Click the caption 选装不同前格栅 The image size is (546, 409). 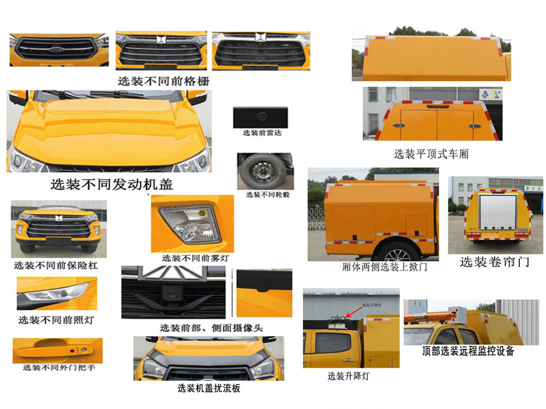[x=163, y=81]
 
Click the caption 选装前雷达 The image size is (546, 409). [x=262, y=133]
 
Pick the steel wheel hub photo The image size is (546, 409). [x=262, y=171]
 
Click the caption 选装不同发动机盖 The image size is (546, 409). [x=111, y=184]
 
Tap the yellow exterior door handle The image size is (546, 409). [x=56, y=350]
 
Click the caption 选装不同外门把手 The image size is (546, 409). [x=59, y=367]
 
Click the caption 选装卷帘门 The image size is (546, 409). [x=494, y=262]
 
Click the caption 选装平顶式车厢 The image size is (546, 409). [x=431, y=154]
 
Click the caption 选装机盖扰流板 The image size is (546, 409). [x=208, y=388]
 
